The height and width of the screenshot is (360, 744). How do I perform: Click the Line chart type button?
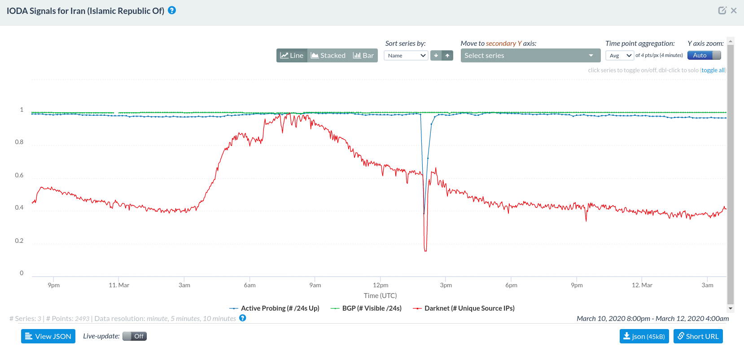coord(292,56)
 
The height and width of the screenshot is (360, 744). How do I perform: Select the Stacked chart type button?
coord(328,56)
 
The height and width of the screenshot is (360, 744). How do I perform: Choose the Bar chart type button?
coord(363,56)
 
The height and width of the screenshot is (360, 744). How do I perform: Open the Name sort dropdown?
coord(406,56)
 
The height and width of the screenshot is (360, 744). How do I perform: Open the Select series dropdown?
coord(530,56)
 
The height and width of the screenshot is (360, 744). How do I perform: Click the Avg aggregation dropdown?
coord(620,56)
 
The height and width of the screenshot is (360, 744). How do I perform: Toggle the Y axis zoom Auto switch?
coord(704,56)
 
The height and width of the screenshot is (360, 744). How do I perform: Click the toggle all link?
coord(713,70)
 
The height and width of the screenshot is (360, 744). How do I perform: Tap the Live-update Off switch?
coord(135,336)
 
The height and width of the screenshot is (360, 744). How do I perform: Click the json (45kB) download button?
coord(644,336)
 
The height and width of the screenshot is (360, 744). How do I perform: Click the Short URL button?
coord(698,336)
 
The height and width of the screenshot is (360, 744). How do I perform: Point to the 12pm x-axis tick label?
coord(381,285)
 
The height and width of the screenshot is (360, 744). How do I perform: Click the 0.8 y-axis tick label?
coord(19,142)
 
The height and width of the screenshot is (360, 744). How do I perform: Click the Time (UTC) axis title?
coord(380,296)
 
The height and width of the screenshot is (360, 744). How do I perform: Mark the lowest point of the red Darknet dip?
coord(425,250)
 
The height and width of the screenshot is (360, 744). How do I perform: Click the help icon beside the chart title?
coord(172,10)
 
